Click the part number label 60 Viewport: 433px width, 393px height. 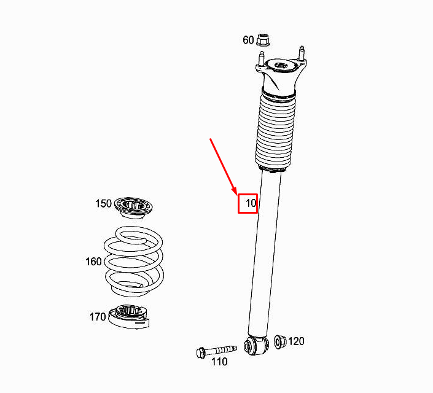(248, 40)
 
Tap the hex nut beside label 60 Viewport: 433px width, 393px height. (263, 40)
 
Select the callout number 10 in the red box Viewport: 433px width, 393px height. (251, 203)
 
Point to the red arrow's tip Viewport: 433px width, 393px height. (236, 195)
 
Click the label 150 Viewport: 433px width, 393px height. (103, 203)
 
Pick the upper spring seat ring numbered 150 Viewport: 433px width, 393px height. (134, 208)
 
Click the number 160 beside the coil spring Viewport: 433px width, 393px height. (93, 262)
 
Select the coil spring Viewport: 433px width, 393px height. (134, 261)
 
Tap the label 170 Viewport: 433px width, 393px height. (98, 317)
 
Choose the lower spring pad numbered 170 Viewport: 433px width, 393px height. (129, 316)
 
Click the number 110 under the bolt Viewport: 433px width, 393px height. (219, 362)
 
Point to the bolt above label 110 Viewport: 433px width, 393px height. (216, 352)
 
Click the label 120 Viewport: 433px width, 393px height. (296, 341)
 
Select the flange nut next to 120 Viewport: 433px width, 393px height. (280, 341)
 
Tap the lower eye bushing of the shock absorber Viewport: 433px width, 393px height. (256, 345)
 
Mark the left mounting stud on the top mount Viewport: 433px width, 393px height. (261, 58)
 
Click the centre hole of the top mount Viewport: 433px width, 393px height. (281, 66)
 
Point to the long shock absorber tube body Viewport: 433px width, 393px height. (265, 253)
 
